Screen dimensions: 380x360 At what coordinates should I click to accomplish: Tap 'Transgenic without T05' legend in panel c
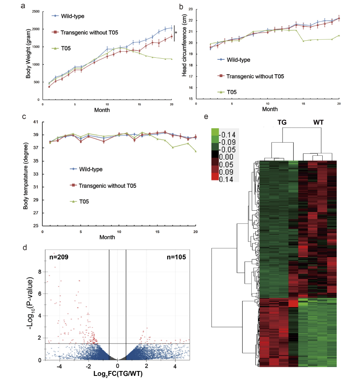[x=105, y=185]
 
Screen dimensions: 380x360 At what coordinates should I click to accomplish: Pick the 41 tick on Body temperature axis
[x=36, y=122]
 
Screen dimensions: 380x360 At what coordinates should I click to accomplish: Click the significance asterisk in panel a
[x=176, y=33]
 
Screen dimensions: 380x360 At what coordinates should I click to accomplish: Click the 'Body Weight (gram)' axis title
[x=28, y=53]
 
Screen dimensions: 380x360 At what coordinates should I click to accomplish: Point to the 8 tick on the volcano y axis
[x=39, y=271]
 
